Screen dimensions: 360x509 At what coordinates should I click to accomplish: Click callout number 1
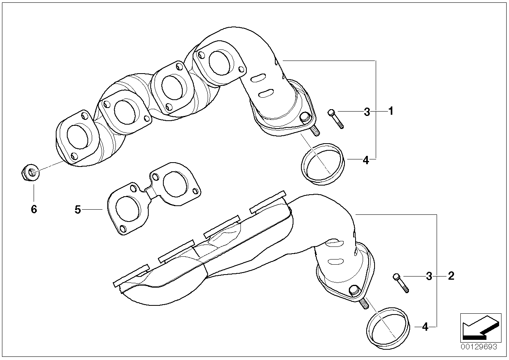coord(391,112)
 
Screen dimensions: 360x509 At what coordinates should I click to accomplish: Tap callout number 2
coord(451,276)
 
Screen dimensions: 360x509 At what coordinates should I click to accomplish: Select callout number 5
coord(78,209)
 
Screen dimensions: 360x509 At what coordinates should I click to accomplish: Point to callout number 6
coord(34,209)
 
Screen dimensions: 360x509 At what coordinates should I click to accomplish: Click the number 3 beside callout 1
coord(367,112)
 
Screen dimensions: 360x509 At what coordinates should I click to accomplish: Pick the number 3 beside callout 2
coord(429,276)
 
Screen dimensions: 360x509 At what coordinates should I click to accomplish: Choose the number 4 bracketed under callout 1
coord(366,160)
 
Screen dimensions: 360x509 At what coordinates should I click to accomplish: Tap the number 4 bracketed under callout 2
coord(425,327)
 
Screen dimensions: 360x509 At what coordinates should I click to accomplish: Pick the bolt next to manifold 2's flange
coord(401,283)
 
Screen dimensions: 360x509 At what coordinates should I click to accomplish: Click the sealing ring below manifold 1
coord(322,164)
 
